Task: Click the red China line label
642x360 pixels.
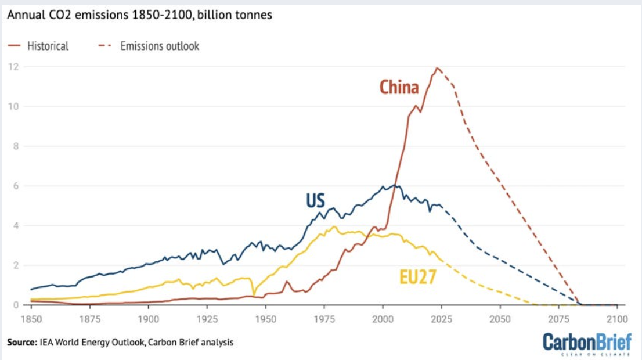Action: [399, 88]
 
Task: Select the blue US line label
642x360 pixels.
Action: [316, 201]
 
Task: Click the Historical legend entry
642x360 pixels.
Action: [48, 46]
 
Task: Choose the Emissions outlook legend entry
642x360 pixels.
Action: [160, 46]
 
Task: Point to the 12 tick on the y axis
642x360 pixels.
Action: [12, 67]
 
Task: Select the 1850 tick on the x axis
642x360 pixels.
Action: [31, 319]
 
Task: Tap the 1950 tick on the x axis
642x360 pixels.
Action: [265, 319]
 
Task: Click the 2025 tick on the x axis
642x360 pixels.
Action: [441, 319]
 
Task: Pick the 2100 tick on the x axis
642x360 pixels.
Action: [616, 319]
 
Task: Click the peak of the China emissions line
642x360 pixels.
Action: [437, 68]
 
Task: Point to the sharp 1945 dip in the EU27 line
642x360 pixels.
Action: [253, 294]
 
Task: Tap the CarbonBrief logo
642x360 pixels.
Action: [587, 343]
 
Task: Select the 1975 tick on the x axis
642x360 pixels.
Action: [324, 319]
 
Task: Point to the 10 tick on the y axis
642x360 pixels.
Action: [12, 106]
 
